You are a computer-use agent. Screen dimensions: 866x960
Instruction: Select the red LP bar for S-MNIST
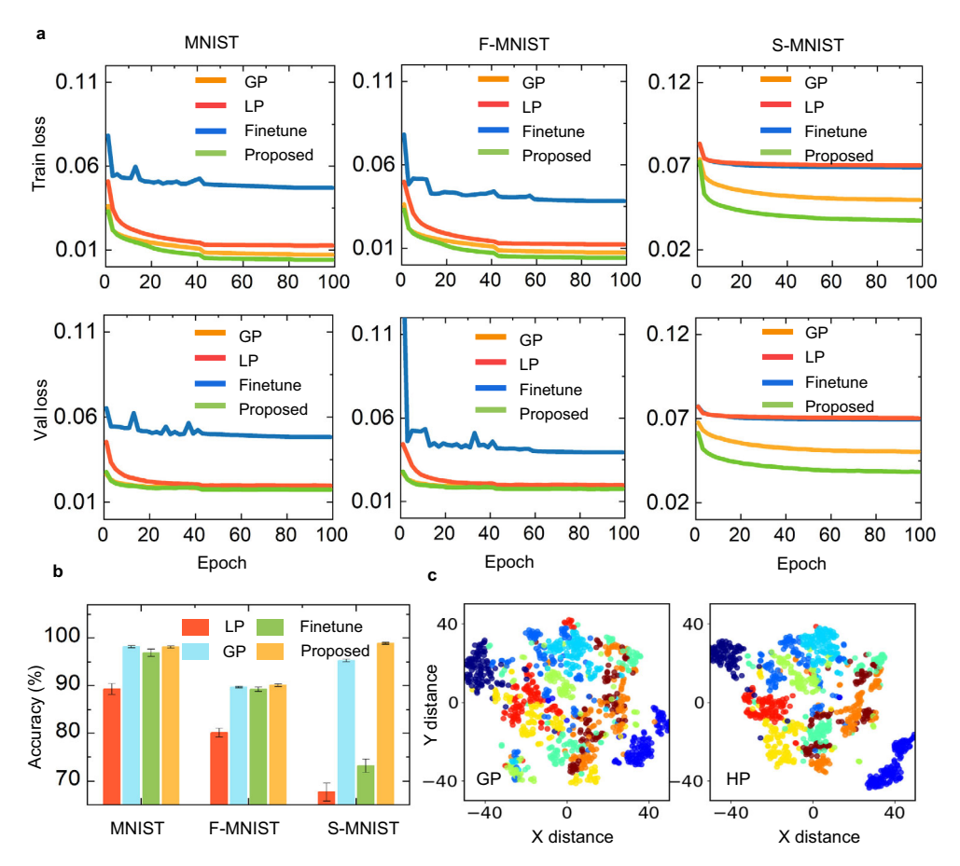coord(326,796)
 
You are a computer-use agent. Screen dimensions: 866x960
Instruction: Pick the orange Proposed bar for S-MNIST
coord(383,722)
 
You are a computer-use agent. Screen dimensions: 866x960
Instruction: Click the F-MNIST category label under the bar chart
coord(239,828)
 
